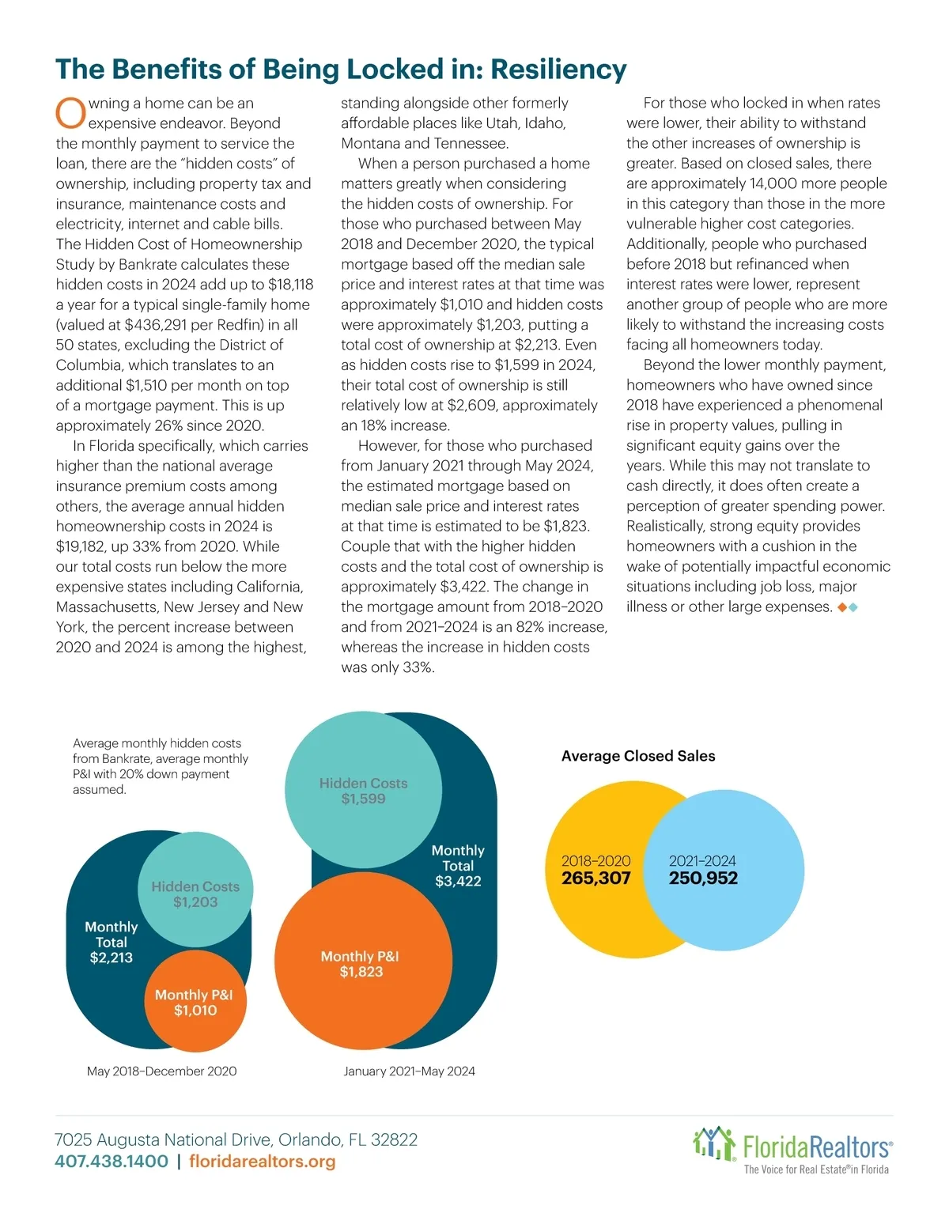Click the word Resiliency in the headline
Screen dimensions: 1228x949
point(558,70)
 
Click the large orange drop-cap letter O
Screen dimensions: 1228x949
point(70,113)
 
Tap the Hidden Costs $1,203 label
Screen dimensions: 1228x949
point(195,894)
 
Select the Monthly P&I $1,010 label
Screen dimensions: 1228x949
point(195,1003)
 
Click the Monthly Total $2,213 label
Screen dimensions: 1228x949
point(112,942)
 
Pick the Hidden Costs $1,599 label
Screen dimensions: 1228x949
point(364,791)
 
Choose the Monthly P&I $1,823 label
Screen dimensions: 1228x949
point(361,964)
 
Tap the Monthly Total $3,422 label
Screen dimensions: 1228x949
point(458,866)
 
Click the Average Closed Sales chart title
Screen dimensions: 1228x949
point(638,756)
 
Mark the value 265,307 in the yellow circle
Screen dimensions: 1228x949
point(596,878)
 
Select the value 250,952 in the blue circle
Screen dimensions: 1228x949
point(703,878)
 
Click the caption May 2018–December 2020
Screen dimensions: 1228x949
point(161,1071)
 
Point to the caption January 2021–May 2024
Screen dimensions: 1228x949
point(409,1071)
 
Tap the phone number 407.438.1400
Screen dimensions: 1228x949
point(112,1162)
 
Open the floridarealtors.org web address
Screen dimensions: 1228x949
point(263,1162)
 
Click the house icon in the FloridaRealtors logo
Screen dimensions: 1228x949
point(713,1144)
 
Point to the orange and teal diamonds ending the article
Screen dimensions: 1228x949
point(847,607)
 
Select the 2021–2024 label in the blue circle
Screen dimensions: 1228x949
point(702,861)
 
